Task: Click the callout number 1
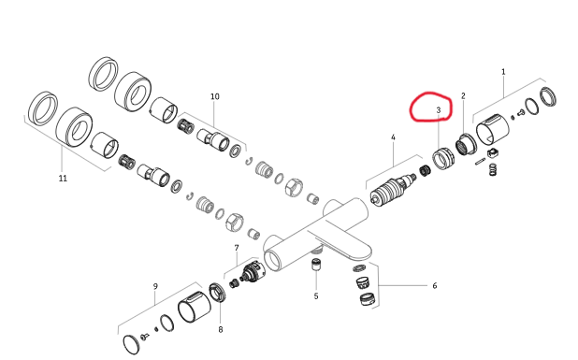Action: point(503,72)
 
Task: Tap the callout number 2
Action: point(463,95)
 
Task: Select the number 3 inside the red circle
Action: point(439,109)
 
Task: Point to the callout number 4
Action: point(393,137)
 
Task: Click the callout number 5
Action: point(316,296)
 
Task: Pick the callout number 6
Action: point(435,285)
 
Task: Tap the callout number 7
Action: point(237,248)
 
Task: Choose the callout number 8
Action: point(221,330)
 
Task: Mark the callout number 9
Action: point(155,286)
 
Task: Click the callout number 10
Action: point(215,96)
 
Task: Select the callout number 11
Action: point(63,179)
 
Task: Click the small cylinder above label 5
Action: point(316,265)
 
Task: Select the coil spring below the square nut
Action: point(493,169)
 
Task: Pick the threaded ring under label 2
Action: point(466,144)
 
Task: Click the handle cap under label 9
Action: point(195,306)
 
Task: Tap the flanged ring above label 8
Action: point(217,292)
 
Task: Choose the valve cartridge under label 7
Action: point(252,272)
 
